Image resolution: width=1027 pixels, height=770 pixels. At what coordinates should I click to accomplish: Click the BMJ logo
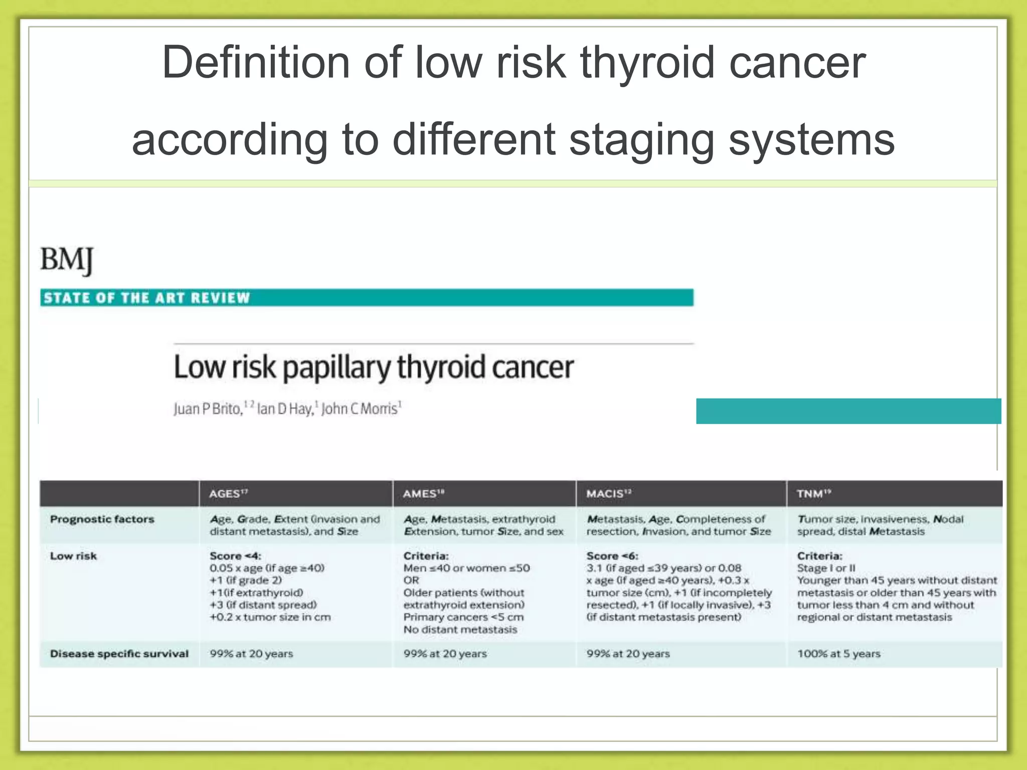[x=67, y=260]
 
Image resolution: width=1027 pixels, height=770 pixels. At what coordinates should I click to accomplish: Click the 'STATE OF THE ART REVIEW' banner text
[x=146, y=298]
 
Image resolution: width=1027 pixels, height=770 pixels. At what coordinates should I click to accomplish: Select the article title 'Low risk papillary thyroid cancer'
[x=373, y=367]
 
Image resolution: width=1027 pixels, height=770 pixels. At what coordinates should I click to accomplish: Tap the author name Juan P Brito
[x=208, y=409]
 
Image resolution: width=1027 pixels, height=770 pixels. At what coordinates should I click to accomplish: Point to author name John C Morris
[x=360, y=409]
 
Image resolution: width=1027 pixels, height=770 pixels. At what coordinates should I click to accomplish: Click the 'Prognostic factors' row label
[x=102, y=519]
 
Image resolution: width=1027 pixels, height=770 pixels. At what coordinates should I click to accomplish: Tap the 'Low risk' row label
[x=73, y=556]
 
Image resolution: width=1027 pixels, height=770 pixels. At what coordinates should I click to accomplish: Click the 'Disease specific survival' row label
[x=119, y=654]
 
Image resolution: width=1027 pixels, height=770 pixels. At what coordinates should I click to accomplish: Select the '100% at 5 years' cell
[x=838, y=654]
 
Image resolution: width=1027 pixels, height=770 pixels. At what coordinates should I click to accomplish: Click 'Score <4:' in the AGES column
[x=235, y=556]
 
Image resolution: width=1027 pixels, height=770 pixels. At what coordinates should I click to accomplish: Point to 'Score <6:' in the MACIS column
[x=612, y=556]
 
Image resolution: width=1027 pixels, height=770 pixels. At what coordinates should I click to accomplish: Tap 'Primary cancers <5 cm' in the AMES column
[x=463, y=617]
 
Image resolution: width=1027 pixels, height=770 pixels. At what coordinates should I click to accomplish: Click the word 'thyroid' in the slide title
[x=647, y=63]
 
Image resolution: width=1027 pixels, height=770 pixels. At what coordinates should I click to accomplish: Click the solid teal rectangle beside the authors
[x=848, y=411]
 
